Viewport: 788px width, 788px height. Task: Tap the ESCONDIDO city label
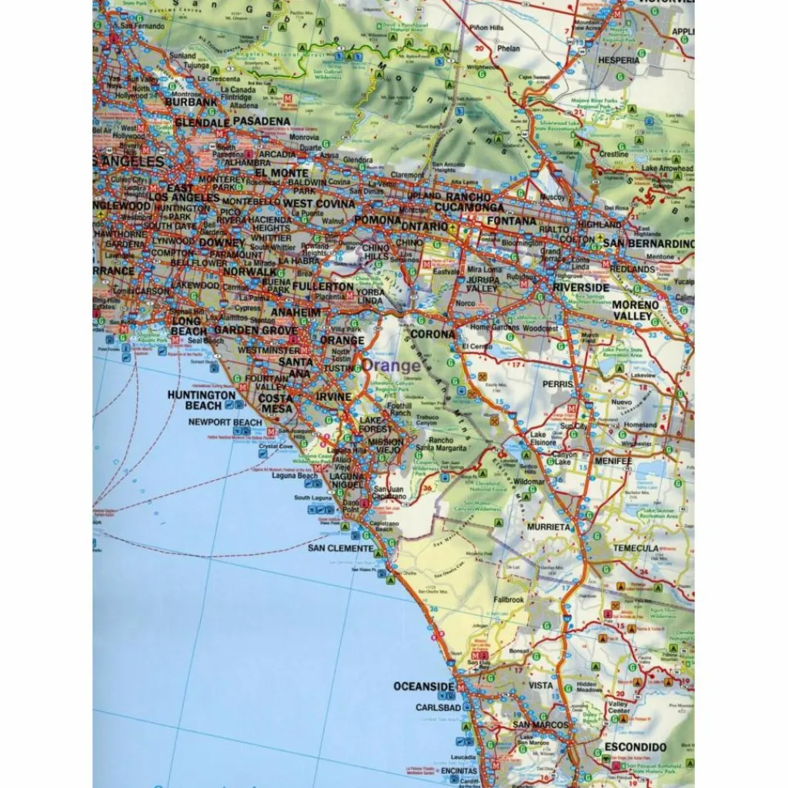(x=634, y=746)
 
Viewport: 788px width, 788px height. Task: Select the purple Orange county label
(x=392, y=366)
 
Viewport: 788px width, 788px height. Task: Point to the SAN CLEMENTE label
(x=340, y=548)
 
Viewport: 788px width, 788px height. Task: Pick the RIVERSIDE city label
(x=580, y=287)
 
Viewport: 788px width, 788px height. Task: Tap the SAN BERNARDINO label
(x=648, y=244)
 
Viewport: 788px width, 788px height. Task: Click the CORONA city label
(x=432, y=335)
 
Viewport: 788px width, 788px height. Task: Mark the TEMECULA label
(x=636, y=548)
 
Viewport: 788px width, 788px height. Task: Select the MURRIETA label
(x=549, y=527)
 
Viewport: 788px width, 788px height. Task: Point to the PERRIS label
(x=558, y=384)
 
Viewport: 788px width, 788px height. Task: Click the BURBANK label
(x=192, y=102)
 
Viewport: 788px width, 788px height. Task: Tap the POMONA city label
(x=377, y=220)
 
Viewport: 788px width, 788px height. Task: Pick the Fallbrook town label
(x=509, y=599)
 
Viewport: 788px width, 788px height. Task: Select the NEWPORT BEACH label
(x=225, y=422)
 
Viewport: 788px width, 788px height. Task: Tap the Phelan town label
(x=509, y=48)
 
